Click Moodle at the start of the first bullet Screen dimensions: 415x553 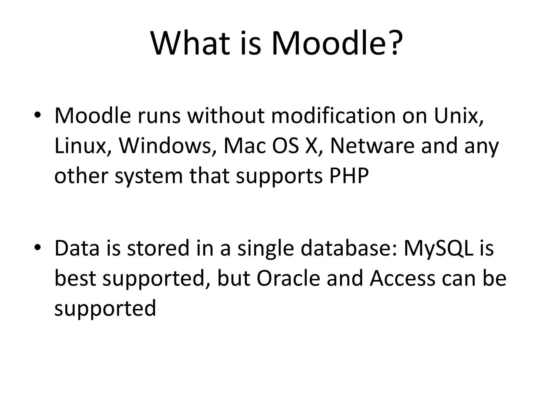93,116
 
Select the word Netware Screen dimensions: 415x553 372,146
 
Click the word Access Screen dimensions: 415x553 403,278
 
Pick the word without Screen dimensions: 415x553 226,116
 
